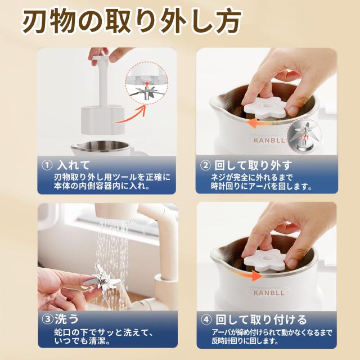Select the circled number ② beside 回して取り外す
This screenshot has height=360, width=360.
(x=207, y=165)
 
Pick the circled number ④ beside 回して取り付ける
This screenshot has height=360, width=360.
(x=207, y=319)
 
